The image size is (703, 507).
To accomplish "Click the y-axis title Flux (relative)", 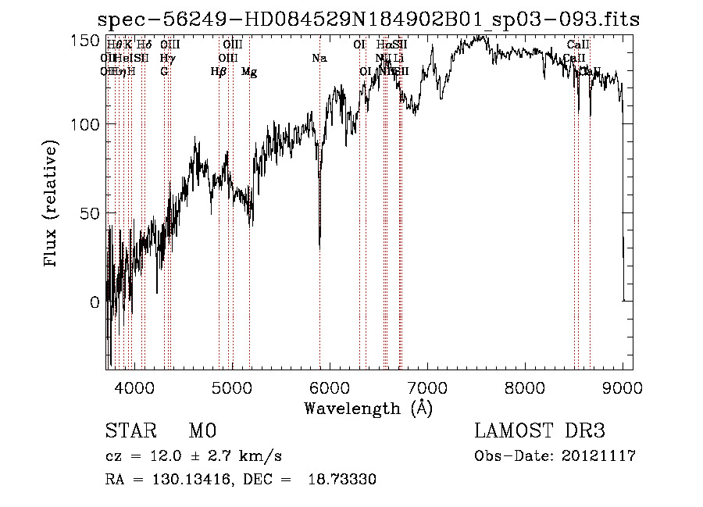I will (52, 205).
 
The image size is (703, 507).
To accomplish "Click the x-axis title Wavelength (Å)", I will (369, 408).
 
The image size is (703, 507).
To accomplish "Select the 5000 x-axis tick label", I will (231, 387).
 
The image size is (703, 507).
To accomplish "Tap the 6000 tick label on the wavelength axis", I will (330, 387).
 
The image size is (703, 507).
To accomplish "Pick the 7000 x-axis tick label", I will (427, 387).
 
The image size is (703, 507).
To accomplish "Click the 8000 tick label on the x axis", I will (525, 387).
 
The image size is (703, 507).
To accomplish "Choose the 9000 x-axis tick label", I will (623, 387).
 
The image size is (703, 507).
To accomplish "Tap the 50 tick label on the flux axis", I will (90, 213).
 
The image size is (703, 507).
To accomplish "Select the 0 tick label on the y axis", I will (95, 302).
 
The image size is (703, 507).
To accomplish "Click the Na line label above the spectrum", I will (319, 59).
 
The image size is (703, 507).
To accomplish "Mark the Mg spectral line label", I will (249, 72).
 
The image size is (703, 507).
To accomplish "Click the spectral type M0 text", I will (202, 431).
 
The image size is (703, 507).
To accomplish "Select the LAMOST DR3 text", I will (540, 431).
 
